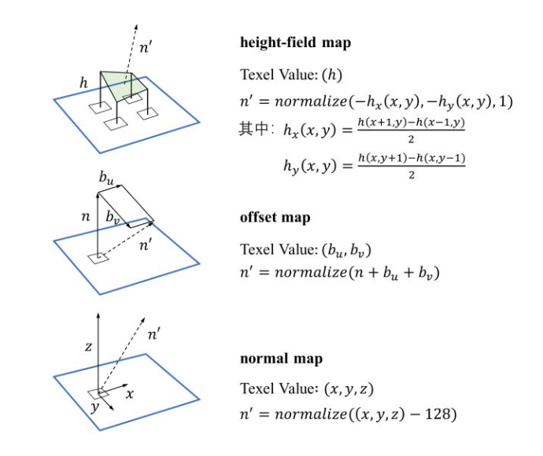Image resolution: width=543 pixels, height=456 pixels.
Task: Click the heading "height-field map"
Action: (295, 42)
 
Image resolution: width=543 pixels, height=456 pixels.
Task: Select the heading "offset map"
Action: (275, 218)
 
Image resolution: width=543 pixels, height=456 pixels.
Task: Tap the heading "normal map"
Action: (281, 359)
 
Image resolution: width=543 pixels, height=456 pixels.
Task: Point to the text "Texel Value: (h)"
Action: (281, 75)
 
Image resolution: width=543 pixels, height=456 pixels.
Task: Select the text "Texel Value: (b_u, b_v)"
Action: (305, 250)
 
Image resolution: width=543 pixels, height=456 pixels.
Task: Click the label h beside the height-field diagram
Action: (83, 81)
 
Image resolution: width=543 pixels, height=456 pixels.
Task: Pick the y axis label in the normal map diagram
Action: (95, 407)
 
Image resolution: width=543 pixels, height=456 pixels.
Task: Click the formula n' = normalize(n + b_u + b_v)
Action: (339, 274)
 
